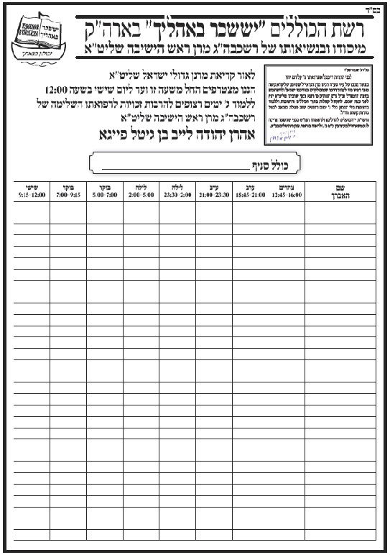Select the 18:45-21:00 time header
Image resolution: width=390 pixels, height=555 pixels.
[249, 191]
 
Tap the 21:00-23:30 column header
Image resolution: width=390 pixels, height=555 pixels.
[213, 191]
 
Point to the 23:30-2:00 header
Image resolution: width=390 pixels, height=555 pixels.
[177, 191]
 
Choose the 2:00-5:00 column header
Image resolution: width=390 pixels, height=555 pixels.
[141, 191]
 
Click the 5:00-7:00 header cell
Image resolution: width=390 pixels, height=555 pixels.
[105, 191]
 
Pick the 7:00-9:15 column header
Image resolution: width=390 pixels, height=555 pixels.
[68, 191]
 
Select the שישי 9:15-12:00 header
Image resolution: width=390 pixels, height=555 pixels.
[31, 191]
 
